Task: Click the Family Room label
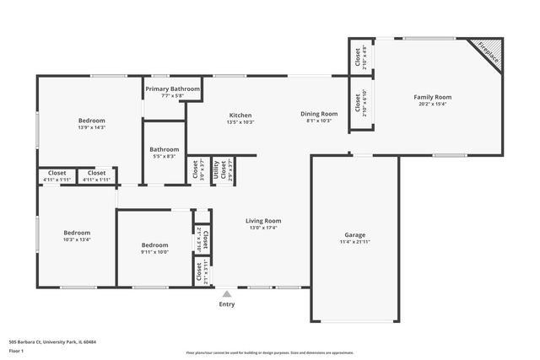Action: (x=432, y=97)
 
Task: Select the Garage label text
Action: (x=354, y=234)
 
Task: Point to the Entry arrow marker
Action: (x=226, y=294)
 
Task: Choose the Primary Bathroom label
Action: (x=172, y=89)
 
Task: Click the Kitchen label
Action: (x=240, y=116)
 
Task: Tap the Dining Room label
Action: (x=319, y=114)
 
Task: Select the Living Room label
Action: (x=263, y=221)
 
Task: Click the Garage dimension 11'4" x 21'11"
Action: (x=354, y=242)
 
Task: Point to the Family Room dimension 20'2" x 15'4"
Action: (x=432, y=105)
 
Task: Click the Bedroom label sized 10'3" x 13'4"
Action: (x=77, y=232)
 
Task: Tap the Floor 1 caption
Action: (x=16, y=350)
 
